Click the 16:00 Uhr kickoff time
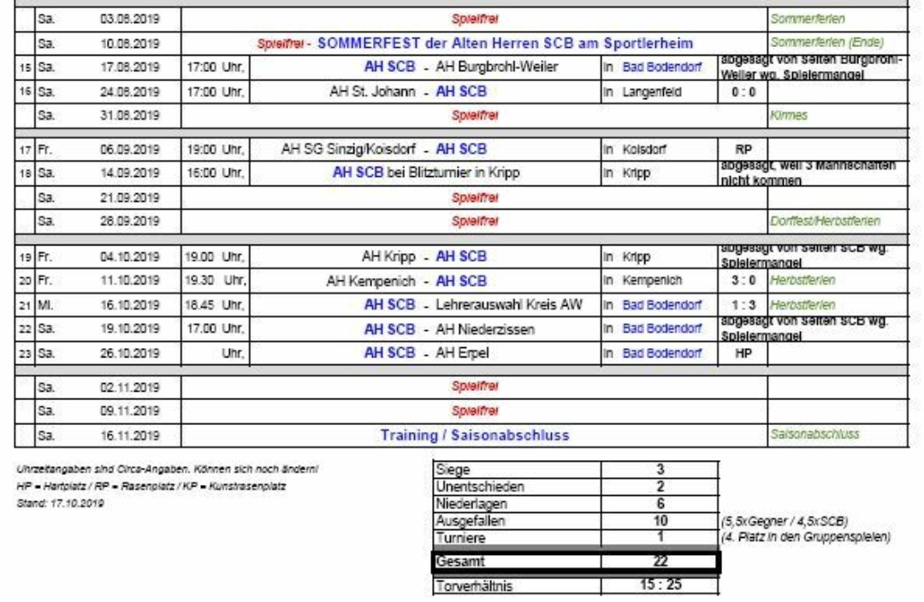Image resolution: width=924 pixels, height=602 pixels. click(212, 169)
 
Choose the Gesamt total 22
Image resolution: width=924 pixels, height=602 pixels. click(659, 561)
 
